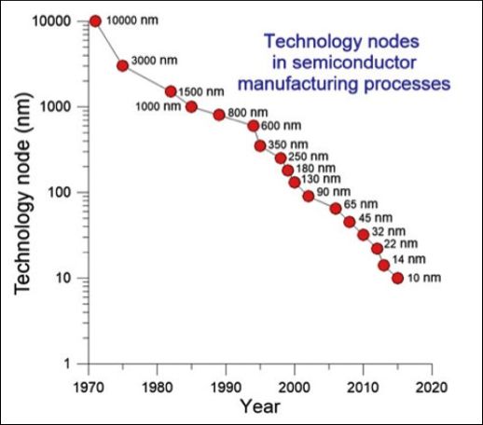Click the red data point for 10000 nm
95,21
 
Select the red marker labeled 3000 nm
122,66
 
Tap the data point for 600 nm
254,126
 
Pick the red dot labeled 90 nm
309,196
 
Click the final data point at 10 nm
397,278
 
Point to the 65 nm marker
336,209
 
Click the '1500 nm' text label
201,91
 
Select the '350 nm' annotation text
288,144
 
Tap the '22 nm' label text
401,243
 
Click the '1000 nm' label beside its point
159,106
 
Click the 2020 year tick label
432,388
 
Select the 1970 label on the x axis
89,388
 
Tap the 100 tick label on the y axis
60,192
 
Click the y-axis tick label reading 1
67,363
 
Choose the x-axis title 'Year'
260,406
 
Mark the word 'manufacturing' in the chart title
298,84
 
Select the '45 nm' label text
376,218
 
